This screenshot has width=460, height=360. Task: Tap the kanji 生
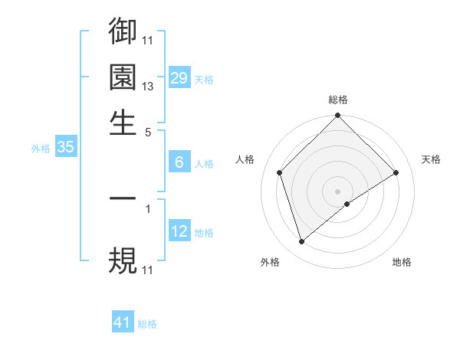[123, 123]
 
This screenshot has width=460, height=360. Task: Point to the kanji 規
[123, 260]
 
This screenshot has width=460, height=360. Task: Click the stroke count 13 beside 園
[148, 87]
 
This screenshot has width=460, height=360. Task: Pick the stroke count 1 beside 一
[148, 207]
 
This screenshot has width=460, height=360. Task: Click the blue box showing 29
[179, 78]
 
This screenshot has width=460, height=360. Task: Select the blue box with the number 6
[179, 162]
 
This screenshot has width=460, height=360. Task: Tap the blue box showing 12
[179, 231]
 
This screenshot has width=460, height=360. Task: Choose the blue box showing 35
[65, 148]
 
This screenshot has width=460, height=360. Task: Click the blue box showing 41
[123, 323]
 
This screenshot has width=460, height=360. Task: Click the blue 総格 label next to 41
[147, 324]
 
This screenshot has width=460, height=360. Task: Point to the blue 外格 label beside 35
[41, 149]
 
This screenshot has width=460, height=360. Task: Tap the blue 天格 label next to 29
[204, 79]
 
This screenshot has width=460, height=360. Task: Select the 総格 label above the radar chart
[338, 100]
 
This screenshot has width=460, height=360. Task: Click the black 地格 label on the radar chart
[402, 262]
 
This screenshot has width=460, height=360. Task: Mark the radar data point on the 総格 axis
[337, 117]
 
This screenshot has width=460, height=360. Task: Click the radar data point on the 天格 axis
[396, 172]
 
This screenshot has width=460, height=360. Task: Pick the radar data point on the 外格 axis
[301, 242]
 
